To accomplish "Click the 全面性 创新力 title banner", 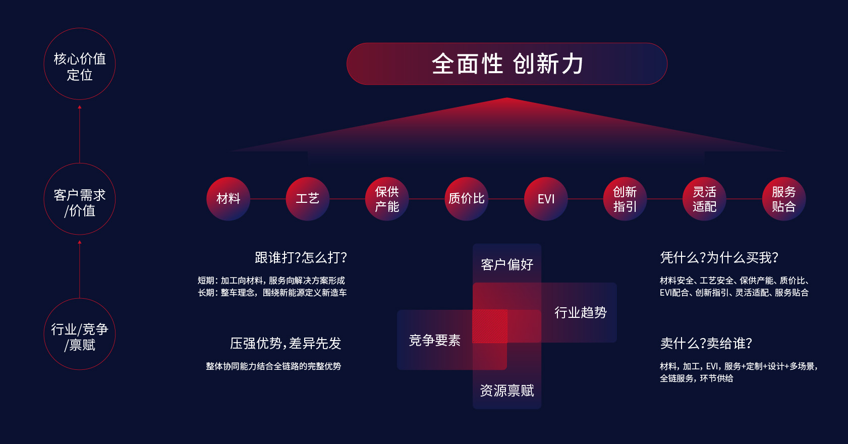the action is pos(507,64).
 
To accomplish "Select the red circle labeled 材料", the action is pos(229,199).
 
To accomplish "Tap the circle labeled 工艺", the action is pos(307,199).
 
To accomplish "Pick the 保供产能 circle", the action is pos(387,199).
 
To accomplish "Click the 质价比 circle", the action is pos(467,199).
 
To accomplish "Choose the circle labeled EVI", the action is pos(546,199).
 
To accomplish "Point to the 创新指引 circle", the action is pos(625,199).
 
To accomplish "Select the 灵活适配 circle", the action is pos(704,199).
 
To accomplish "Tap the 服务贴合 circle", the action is pos(783,199).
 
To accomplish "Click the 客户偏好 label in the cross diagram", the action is pos(507,264).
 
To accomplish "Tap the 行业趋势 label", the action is pos(580,312).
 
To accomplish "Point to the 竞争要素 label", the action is pos(435,340).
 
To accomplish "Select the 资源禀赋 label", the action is pos(507,390).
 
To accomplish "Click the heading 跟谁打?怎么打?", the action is pos(301,257).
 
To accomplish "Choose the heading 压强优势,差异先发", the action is pos(286,343).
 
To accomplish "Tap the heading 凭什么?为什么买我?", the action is pos(719,257).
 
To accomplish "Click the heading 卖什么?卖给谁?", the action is pos(706,343).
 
